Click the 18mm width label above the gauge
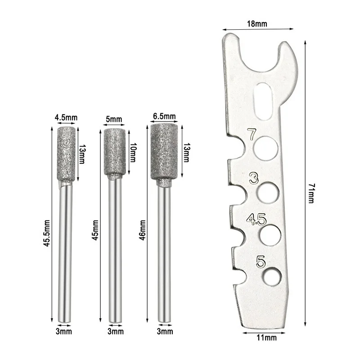click(x=257, y=24)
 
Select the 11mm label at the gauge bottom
click(x=266, y=338)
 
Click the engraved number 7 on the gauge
click(x=252, y=134)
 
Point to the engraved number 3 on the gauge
click(x=254, y=178)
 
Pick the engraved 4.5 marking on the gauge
click(x=256, y=219)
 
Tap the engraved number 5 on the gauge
click(x=261, y=262)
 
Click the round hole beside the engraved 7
click(x=266, y=148)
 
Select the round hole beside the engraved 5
click(x=272, y=276)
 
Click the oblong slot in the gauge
click(x=264, y=101)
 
